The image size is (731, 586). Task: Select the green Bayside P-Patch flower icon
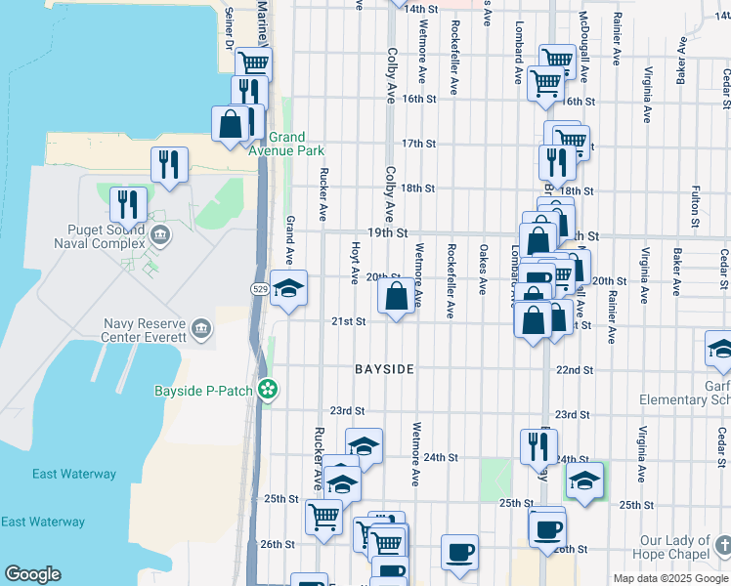coord(267,391)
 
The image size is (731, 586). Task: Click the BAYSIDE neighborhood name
coord(384,369)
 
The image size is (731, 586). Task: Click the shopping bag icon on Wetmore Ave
coord(397,296)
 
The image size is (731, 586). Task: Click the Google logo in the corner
coord(32,574)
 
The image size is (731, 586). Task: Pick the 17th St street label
coord(417,144)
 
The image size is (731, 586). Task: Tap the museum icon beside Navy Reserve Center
coord(201,327)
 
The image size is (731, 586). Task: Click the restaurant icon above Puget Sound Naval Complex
coord(128,204)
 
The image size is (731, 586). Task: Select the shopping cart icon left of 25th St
coord(323,515)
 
